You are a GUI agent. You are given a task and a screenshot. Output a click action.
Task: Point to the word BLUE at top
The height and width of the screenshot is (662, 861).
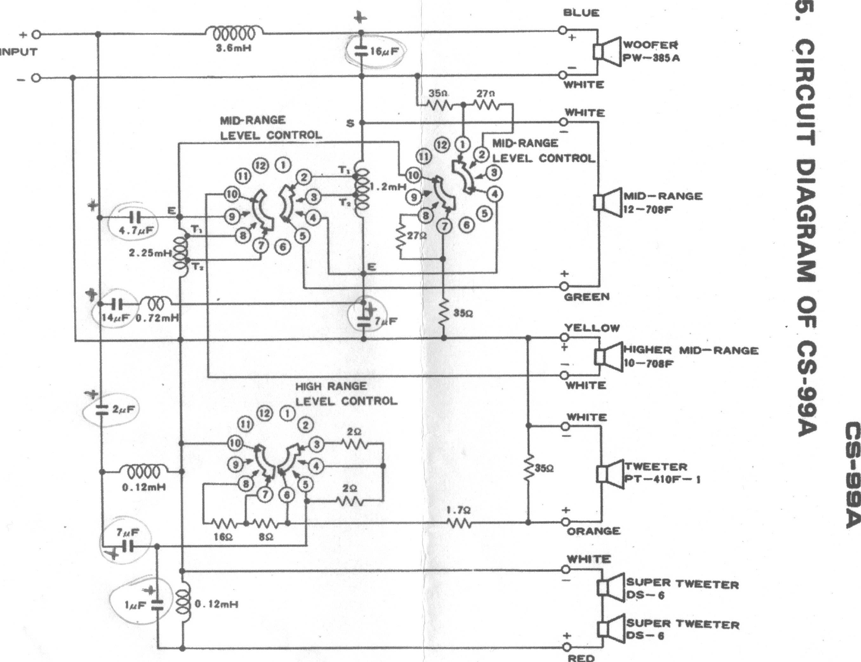click(581, 13)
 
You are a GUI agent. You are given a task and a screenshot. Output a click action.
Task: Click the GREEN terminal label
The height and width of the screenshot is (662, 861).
click(587, 297)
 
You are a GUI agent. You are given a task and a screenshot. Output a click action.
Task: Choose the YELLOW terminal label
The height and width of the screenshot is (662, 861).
click(592, 328)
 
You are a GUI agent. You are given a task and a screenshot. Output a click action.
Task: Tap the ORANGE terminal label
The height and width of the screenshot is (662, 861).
click(593, 531)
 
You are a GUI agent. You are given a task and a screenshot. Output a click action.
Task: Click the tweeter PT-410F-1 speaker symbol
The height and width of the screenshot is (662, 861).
click(610, 473)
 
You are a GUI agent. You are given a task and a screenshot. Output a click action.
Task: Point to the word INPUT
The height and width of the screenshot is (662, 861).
click(19, 52)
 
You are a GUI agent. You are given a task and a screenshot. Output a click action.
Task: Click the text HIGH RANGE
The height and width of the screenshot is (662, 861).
click(331, 386)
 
